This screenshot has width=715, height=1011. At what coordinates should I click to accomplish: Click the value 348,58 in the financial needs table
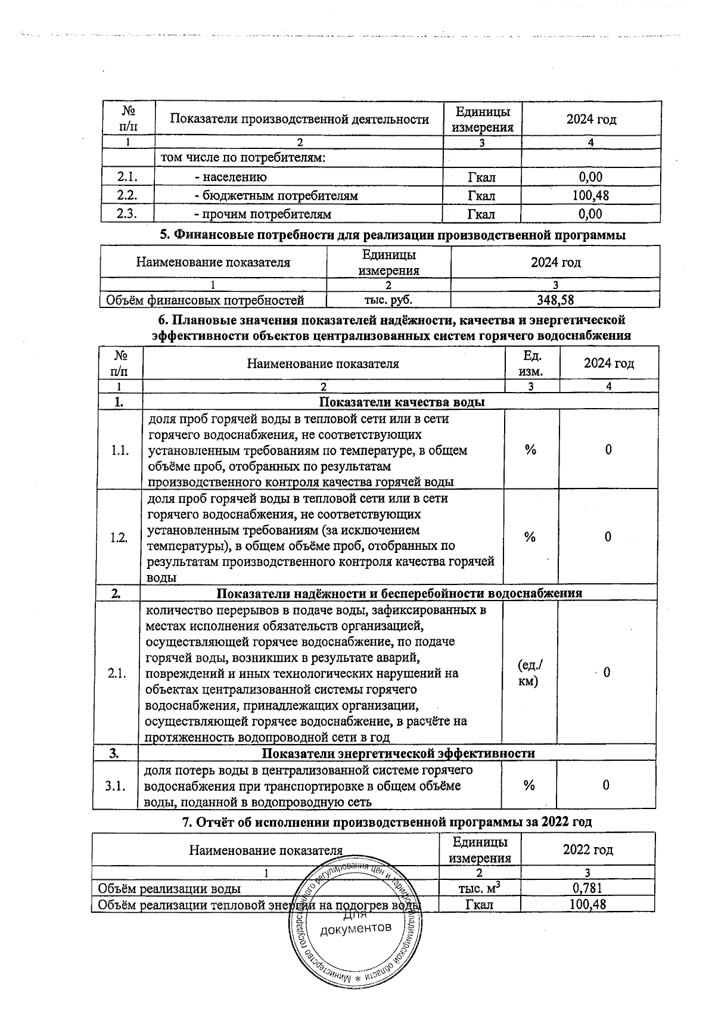555,300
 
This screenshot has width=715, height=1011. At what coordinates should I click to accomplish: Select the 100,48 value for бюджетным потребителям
590,195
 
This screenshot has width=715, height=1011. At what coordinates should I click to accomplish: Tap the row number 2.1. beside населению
128,177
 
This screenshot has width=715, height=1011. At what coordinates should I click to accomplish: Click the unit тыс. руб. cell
388,300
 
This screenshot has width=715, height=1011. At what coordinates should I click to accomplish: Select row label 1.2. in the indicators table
119,537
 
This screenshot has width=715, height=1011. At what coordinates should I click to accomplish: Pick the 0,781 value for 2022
587,888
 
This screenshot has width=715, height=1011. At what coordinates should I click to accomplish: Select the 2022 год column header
587,850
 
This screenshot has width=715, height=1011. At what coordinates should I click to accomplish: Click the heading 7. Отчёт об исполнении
386,822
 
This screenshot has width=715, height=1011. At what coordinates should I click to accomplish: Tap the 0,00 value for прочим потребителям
590,214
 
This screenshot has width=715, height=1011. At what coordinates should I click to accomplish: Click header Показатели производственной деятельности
299,119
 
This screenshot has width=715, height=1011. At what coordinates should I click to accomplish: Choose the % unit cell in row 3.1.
529,785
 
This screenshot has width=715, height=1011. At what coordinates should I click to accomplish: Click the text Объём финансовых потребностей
205,300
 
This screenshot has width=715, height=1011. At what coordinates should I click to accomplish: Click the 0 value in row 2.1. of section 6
607,673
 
